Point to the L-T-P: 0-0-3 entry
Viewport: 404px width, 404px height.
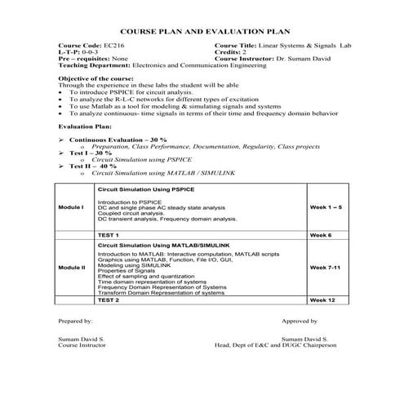point(78,52)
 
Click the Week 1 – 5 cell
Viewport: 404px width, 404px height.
point(326,208)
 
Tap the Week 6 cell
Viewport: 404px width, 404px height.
point(320,234)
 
